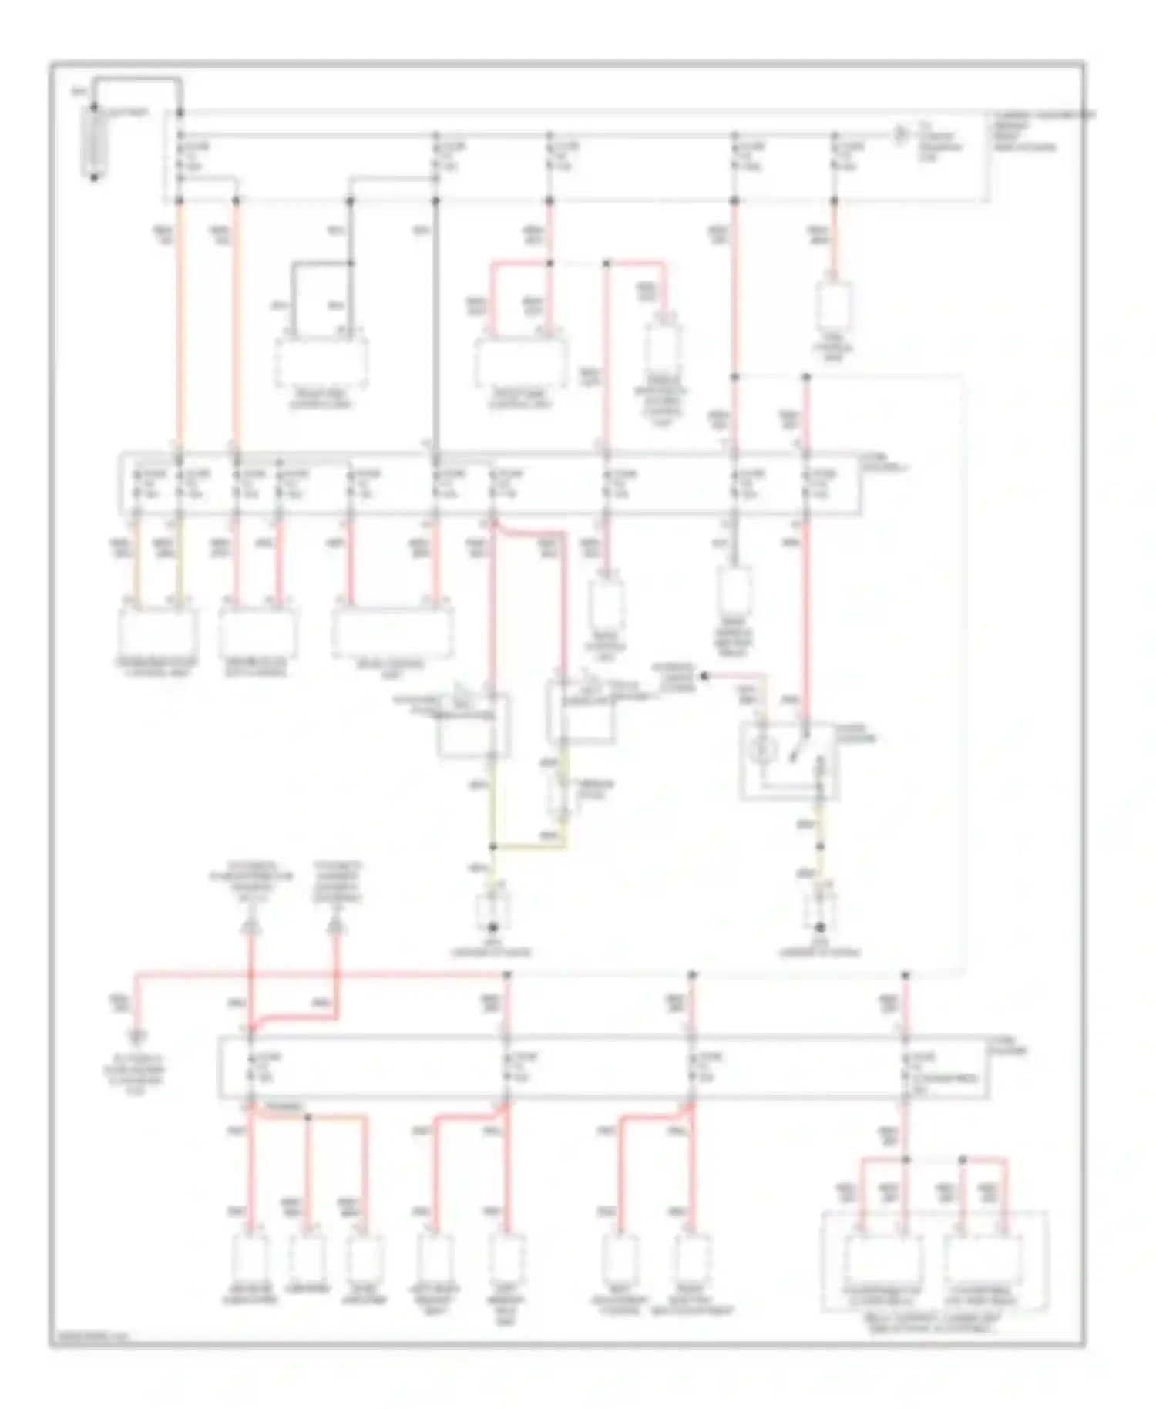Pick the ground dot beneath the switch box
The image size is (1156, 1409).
(821, 927)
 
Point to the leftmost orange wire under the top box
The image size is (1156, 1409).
(180, 324)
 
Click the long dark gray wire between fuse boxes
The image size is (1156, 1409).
(436, 324)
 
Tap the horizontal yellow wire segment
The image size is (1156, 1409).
(530, 847)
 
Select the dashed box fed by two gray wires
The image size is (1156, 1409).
(321, 362)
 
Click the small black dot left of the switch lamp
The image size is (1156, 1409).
(703, 675)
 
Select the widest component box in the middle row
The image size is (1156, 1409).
(392, 634)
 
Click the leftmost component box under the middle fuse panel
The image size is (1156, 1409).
(158, 634)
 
